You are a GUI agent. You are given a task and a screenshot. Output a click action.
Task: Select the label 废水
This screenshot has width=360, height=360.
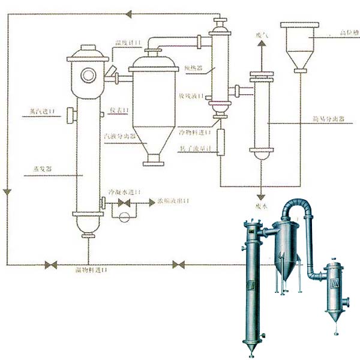pos(260,206)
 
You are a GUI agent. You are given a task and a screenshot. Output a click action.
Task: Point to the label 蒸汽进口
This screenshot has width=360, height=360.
pos(41,112)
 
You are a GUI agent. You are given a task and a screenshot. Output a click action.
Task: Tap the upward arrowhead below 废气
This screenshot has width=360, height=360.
pos(260,46)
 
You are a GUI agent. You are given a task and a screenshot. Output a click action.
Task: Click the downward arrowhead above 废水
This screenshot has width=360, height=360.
pos(260,197)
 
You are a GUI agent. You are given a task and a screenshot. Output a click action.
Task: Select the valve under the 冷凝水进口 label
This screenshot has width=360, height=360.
pos(125,204)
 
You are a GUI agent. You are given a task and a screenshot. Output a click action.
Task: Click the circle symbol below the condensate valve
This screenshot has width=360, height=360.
pos(125,216)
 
